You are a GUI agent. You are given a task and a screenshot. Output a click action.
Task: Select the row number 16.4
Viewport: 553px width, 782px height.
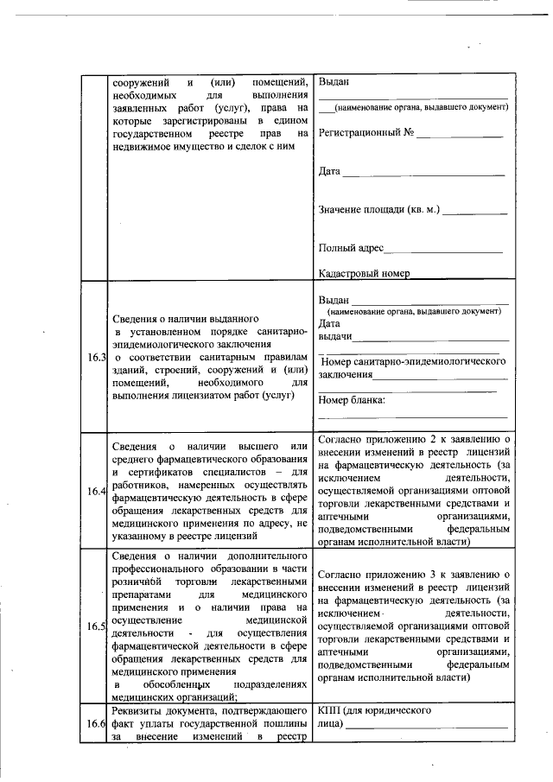coord(95,492)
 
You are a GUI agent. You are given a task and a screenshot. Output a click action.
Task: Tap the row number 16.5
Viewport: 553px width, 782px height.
coord(95,626)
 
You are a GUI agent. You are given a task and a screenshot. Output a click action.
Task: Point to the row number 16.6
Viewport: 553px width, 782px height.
coord(95,723)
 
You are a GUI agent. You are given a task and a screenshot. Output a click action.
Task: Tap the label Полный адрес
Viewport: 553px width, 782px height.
coord(351,248)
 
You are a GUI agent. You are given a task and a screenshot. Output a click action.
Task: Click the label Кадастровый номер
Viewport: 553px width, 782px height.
coord(364,273)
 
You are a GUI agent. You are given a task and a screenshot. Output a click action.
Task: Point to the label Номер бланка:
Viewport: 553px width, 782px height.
coord(352,400)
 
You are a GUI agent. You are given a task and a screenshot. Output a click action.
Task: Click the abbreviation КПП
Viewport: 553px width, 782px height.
coord(330,710)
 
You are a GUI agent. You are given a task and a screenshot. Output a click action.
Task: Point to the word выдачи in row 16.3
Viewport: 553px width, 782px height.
coord(335,335)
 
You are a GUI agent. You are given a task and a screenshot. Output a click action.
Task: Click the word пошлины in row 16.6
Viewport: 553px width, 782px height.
coord(285,723)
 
